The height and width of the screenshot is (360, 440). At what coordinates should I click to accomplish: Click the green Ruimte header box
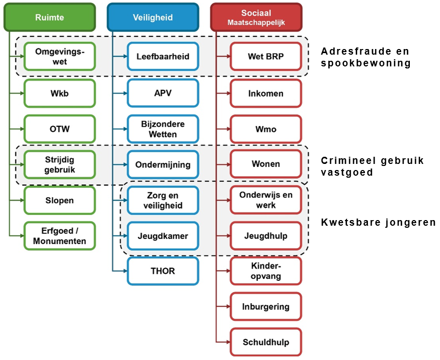(50, 17)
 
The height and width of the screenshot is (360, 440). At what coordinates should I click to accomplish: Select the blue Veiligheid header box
(153, 17)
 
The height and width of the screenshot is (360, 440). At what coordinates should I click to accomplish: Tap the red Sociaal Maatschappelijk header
(256, 17)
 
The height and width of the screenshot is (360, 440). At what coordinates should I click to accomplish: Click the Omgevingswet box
(59, 57)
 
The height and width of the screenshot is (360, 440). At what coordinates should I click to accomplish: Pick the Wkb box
(59, 93)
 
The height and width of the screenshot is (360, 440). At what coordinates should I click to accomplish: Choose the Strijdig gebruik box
(59, 164)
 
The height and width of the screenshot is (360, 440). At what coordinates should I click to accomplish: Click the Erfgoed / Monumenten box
(59, 236)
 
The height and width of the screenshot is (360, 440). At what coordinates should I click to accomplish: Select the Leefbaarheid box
(163, 57)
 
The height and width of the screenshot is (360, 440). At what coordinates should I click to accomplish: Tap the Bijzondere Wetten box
(163, 129)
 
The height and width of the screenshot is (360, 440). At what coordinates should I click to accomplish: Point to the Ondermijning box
(163, 164)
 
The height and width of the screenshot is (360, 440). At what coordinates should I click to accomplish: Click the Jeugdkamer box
(163, 236)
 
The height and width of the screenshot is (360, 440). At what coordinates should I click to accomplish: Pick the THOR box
(163, 271)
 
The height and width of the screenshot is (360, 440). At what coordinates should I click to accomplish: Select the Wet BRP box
(266, 57)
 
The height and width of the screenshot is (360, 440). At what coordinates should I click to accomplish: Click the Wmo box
(266, 129)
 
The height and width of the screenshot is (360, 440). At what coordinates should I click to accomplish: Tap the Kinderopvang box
(266, 271)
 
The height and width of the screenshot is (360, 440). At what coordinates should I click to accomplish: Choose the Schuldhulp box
(266, 342)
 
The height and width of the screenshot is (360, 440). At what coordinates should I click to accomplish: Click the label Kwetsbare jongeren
(378, 223)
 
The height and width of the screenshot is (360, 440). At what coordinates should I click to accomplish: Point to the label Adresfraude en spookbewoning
(365, 57)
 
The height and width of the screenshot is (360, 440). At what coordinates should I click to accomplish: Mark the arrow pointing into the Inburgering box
(223, 307)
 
